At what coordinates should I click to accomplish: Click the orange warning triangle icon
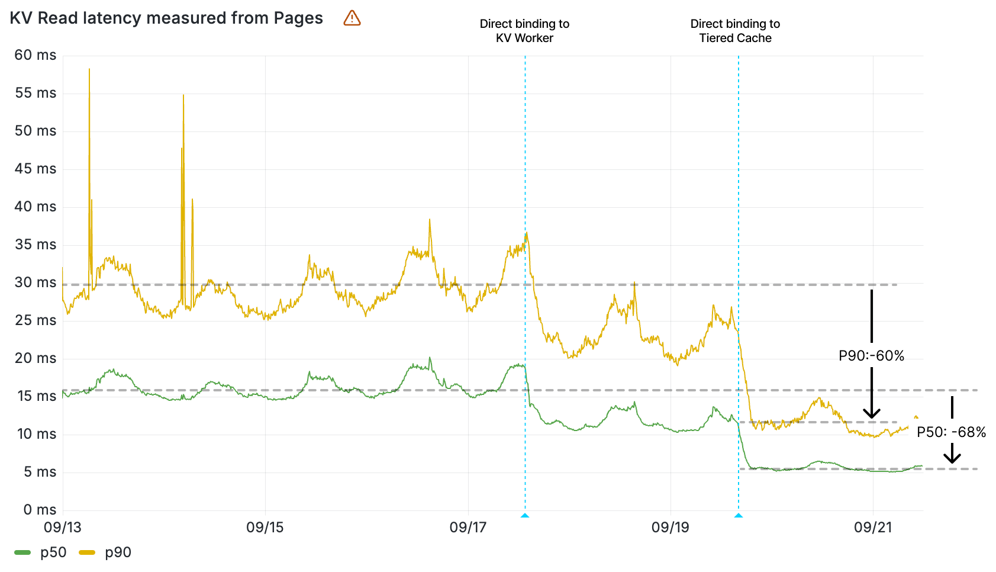pyautogui.click(x=352, y=18)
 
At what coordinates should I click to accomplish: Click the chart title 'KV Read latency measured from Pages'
pyautogui.click(x=166, y=18)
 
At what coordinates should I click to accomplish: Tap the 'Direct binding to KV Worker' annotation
pyautogui.click(x=524, y=31)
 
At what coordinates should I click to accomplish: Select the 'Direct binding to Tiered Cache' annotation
pyautogui.click(x=735, y=31)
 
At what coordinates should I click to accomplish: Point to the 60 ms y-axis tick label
pyautogui.click(x=36, y=55)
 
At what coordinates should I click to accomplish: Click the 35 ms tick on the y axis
pyautogui.click(x=36, y=245)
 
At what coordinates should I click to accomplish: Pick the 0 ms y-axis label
pyautogui.click(x=40, y=510)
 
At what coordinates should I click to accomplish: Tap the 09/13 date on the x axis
pyautogui.click(x=63, y=527)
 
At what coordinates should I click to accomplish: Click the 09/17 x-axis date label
pyautogui.click(x=468, y=527)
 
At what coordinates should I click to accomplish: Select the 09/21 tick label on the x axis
pyautogui.click(x=873, y=527)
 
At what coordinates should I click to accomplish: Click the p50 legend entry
pyautogui.click(x=40, y=552)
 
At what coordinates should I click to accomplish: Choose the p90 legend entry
pyautogui.click(x=105, y=552)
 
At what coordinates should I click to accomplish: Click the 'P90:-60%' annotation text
pyautogui.click(x=871, y=356)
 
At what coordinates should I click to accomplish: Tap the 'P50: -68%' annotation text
pyautogui.click(x=951, y=432)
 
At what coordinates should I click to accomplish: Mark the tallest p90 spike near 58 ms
pyautogui.click(x=89, y=70)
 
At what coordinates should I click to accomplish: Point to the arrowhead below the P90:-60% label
pyautogui.click(x=871, y=414)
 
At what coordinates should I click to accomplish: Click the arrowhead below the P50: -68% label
pyautogui.click(x=952, y=458)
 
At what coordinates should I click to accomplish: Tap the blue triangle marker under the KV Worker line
pyautogui.click(x=525, y=516)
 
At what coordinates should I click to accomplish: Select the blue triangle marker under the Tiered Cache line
pyautogui.click(x=739, y=516)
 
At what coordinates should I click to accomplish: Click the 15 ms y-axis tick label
pyautogui.click(x=36, y=396)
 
